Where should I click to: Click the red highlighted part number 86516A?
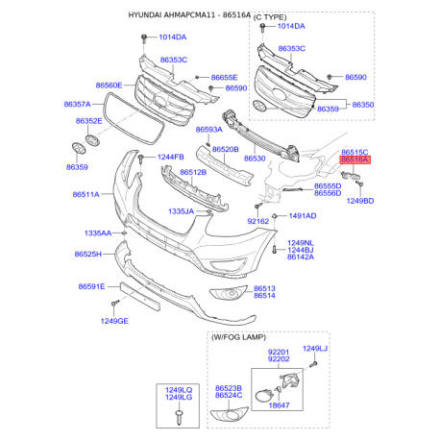click(x=354, y=159)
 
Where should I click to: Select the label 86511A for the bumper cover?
click(x=86, y=194)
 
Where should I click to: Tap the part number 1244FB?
click(x=171, y=157)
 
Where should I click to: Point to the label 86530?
click(x=255, y=159)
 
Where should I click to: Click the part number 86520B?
click(x=226, y=149)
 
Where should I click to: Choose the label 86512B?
click(x=193, y=172)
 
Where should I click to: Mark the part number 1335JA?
click(x=181, y=211)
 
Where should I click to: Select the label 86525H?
click(x=87, y=254)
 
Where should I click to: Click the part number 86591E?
click(x=91, y=286)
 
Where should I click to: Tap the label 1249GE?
click(x=114, y=321)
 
